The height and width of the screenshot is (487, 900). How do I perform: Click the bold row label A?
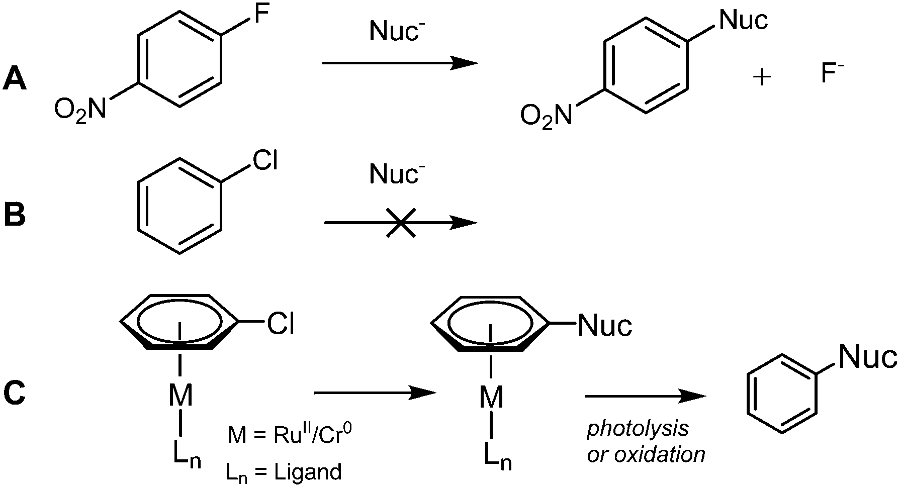click(x=15, y=79)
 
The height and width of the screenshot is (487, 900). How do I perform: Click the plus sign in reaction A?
click(x=762, y=77)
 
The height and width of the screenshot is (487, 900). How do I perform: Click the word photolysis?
click(x=638, y=429)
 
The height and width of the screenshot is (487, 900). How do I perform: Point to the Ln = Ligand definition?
click(x=284, y=472)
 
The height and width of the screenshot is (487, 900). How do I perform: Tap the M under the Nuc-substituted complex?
click(x=491, y=398)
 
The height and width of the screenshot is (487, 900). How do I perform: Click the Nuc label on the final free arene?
click(x=866, y=357)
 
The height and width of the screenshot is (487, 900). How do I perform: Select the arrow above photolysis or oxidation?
click(x=646, y=396)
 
